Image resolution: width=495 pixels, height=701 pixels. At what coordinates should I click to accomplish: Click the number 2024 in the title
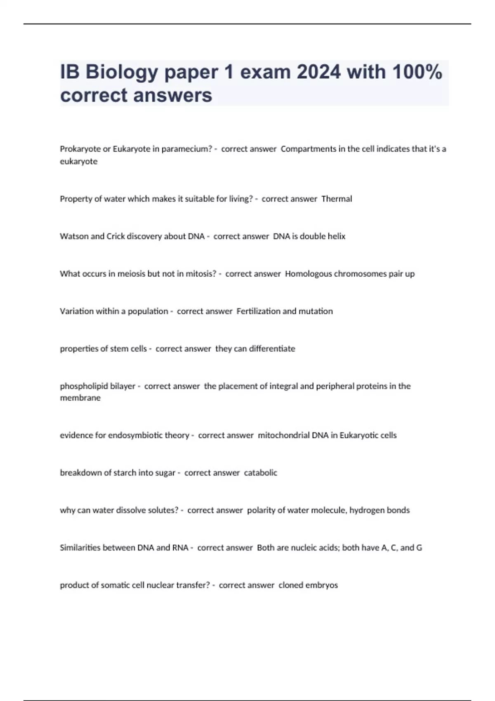pos(318,72)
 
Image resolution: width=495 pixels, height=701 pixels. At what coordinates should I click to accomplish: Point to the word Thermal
pos(337,199)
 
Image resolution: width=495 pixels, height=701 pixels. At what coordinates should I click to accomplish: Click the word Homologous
pos(308,274)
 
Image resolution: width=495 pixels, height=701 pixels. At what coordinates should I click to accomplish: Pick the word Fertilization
pos(257,311)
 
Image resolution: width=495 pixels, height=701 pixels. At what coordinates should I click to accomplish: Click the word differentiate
pos(272,349)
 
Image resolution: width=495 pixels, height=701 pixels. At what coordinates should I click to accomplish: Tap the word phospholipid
pos(78,386)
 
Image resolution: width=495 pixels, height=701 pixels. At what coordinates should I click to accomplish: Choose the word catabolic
pos(260,473)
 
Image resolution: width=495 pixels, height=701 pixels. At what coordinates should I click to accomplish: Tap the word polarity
pos(261,510)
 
